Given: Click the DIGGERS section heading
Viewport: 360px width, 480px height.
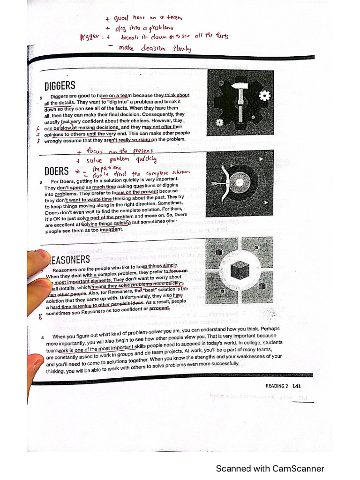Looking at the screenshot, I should coord(60,86).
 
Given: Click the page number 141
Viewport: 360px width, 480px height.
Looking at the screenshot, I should coord(296,386).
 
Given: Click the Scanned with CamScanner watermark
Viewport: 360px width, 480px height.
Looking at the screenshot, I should coord(270,468).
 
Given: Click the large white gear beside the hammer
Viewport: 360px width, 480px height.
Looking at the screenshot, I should coord(265,96).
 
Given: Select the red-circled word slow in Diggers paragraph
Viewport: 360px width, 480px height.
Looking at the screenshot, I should coord(66,127).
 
